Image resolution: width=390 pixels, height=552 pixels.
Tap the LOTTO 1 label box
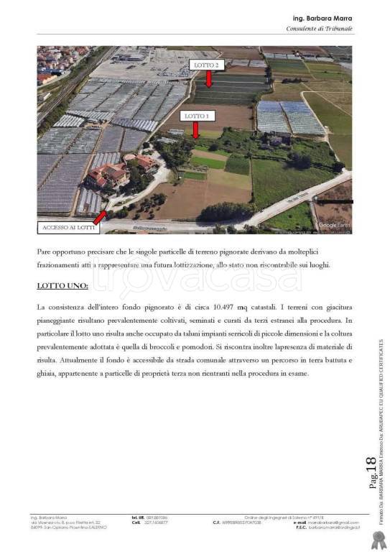click(196, 116)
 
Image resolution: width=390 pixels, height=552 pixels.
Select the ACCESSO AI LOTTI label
click(68, 228)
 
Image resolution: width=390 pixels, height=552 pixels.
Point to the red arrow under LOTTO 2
click(209, 79)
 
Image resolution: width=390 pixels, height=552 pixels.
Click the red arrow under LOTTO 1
click(196, 129)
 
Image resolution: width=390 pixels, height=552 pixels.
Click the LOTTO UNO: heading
click(62, 286)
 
